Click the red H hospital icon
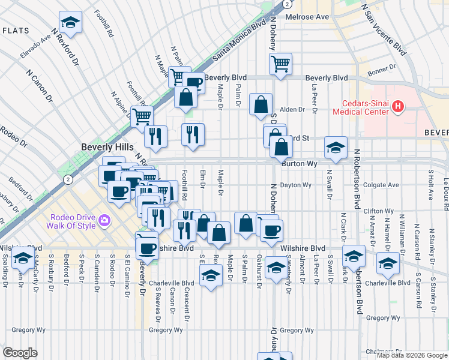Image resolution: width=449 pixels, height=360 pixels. click(397, 107)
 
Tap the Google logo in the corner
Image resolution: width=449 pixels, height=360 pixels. click(20, 353)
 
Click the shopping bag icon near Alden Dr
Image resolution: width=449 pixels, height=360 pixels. click(261, 104)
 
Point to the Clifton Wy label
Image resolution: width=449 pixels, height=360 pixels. click(379, 211)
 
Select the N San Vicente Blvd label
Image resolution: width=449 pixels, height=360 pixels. click(382, 28)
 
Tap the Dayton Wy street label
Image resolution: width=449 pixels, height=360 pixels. click(297, 185)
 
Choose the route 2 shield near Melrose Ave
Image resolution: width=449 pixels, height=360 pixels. click(288, 4)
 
